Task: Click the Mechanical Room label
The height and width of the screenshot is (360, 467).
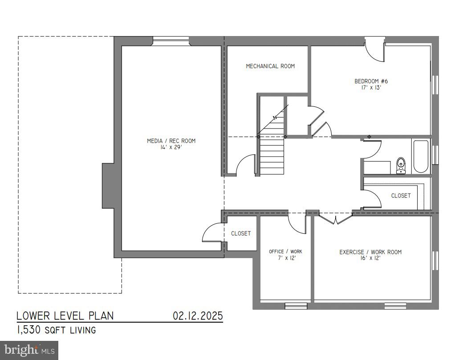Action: pyautogui.click(x=270, y=66)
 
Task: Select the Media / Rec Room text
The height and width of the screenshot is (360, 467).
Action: pyautogui.click(x=171, y=141)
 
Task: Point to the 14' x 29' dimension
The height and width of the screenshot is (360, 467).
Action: pyautogui.click(x=171, y=147)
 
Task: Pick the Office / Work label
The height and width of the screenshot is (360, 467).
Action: pyautogui.click(x=285, y=252)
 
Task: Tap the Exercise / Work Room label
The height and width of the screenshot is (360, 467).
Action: pyautogui.click(x=370, y=252)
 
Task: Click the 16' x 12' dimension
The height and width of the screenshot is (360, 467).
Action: pyautogui.click(x=370, y=259)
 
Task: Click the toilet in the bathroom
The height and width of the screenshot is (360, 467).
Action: pyautogui.click(x=401, y=165)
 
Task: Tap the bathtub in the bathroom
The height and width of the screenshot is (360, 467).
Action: pyautogui.click(x=421, y=157)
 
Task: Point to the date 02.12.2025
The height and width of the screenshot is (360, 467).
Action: pyautogui.click(x=198, y=316)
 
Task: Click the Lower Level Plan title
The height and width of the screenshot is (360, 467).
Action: pyautogui.click(x=65, y=316)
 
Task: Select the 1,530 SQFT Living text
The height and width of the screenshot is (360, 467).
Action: pyautogui.click(x=56, y=330)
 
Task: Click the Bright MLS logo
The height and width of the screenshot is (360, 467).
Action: pyautogui.click(x=29, y=350)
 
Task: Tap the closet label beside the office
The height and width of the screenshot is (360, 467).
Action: pyautogui.click(x=241, y=234)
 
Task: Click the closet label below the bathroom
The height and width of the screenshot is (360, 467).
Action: pyautogui.click(x=401, y=196)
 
